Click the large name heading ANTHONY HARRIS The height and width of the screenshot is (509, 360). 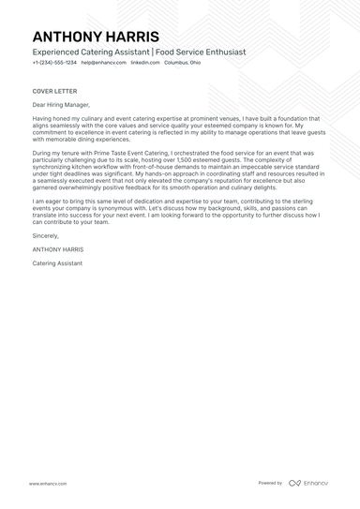coord(96,36)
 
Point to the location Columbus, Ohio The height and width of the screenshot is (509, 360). coord(182,62)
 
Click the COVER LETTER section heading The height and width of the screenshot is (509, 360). coord(53,91)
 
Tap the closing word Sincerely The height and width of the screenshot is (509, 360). coord(46,236)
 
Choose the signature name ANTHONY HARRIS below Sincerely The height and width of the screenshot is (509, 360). coord(57,249)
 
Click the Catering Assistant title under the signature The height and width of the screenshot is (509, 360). coord(57,263)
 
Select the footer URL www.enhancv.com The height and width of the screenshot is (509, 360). coord(46,483)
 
